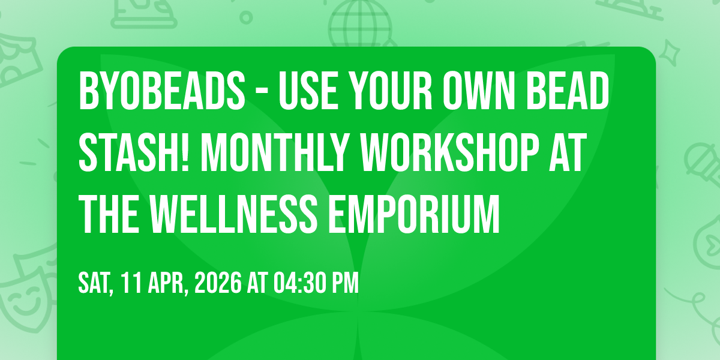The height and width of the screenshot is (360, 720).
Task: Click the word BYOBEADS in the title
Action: click(x=162, y=91)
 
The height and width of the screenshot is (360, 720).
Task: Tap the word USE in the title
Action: click(x=308, y=91)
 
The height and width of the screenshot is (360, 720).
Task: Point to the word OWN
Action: click(x=479, y=91)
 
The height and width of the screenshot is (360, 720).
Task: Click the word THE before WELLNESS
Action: click(x=109, y=214)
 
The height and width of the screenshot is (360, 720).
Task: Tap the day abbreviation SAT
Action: click(x=95, y=283)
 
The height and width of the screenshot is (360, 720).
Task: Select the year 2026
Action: click(x=218, y=283)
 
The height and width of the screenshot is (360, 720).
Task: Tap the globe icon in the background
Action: click(x=361, y=23)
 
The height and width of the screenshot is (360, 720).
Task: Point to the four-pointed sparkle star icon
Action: click(x=669, y=53)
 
